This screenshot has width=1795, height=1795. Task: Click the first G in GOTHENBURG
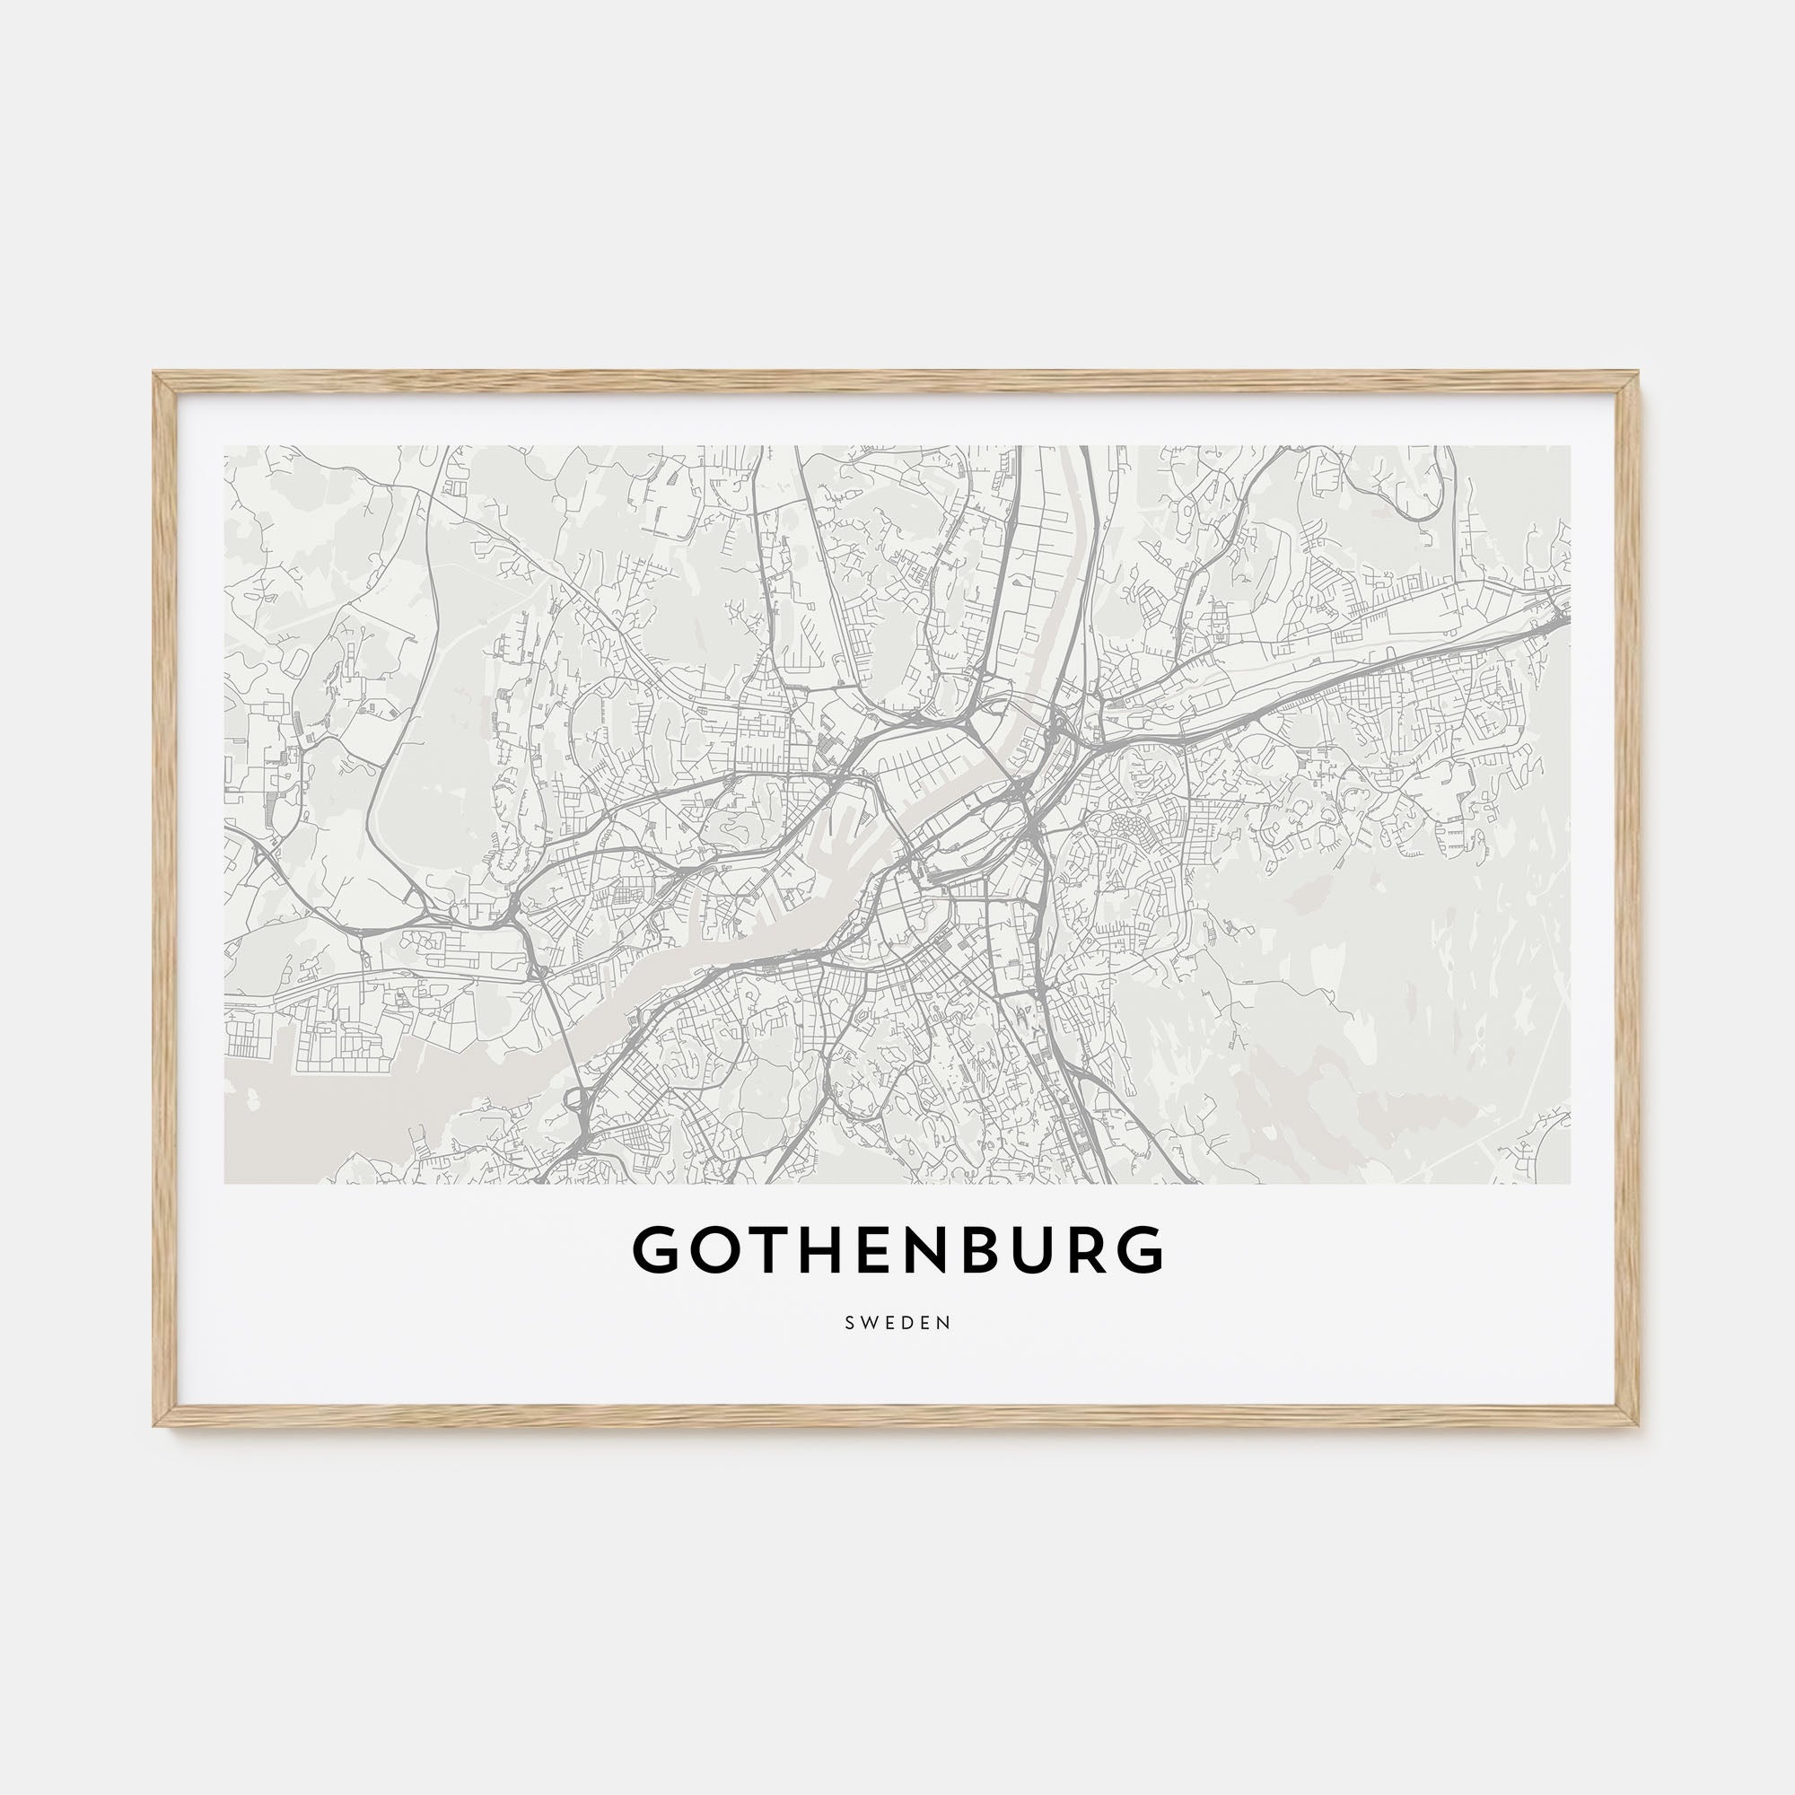657,1249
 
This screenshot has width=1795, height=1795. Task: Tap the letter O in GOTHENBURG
715,1249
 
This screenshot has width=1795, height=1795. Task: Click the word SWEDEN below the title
897,1323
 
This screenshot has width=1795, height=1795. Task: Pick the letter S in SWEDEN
849,1323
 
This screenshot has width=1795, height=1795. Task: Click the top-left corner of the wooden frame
156,374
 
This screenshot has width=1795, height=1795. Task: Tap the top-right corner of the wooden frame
1638,374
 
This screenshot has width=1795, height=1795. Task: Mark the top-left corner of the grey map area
226,447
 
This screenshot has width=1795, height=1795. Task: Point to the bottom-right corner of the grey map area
1569,1183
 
